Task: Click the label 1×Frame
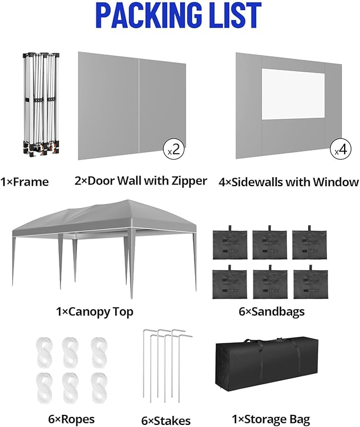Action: point(24,182)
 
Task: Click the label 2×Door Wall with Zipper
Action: point(141,181)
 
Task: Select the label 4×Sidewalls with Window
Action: point(288,182)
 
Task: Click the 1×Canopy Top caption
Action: point(94,311)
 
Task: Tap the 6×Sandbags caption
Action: point(271,311)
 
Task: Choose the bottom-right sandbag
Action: point(310,284)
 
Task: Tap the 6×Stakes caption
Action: point(165,421)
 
